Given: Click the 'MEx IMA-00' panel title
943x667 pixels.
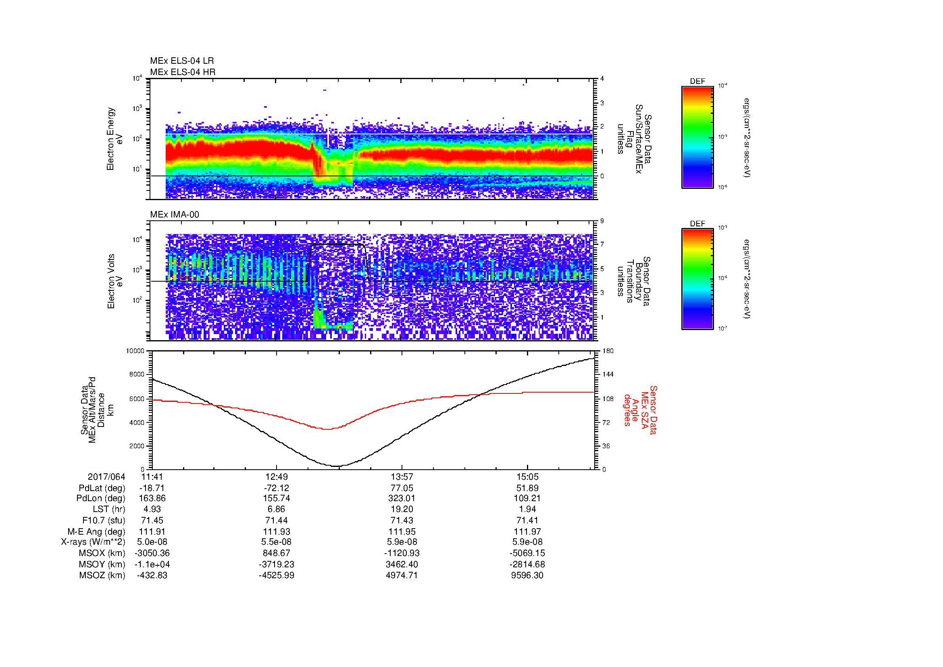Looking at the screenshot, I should tap(175, 215).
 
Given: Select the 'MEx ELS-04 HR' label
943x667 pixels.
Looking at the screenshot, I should tap(183, 72).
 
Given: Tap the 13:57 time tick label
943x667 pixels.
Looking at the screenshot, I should tap(402, 477).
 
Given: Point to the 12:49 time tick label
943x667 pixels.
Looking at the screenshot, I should tap(277, 477).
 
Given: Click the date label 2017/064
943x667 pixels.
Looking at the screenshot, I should tap(106, 477).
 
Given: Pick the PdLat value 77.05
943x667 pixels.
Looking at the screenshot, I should tap(402, 488).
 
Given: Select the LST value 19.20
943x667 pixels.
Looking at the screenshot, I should tap(402, 510).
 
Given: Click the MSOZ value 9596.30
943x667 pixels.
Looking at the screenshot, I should tap(527, 575).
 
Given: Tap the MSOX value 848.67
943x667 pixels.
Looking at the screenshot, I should tap(277, 553).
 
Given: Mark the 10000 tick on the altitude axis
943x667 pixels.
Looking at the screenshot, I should tap(135, 351).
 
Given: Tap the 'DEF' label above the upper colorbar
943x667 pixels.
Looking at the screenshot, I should tap(697, 82).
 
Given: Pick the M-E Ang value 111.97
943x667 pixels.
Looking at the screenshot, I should tap(527, 531).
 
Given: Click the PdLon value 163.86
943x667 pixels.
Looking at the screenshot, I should tap(152, 498).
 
